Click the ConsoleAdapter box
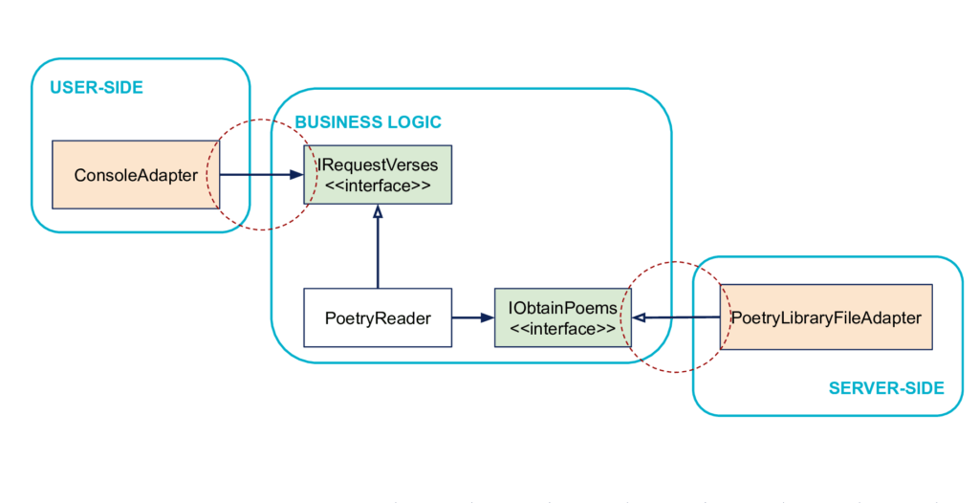click(x=136, y=175)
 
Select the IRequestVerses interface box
click(x=378, y=175)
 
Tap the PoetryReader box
click(x=378, y=318)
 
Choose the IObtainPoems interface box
click(x=563, y=318)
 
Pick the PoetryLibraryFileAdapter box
click(x=826, y=317)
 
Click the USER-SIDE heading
click(x=97, y=87)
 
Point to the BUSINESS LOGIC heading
click(x=368, y=121)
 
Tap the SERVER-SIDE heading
click(x=886, y=388)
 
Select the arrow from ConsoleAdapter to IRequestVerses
click(x=262, y=175)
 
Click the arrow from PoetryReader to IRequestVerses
click(x=378, y=247)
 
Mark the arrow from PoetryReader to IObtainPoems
click(x=473, y=318)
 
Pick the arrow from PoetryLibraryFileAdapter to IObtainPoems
click(x=676, y=317)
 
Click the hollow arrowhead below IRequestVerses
click(x=378, y=211)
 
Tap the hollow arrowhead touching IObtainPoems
click(x=639, y=318)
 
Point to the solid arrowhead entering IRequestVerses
click(x=296, y=175)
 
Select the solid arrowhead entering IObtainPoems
click(x=488, y=318)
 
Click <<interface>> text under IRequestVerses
click(x=378, y=186)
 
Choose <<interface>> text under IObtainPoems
click(x=563, y=329)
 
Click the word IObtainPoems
click(x=563, y=308)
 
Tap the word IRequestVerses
click(x=379, y=165)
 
